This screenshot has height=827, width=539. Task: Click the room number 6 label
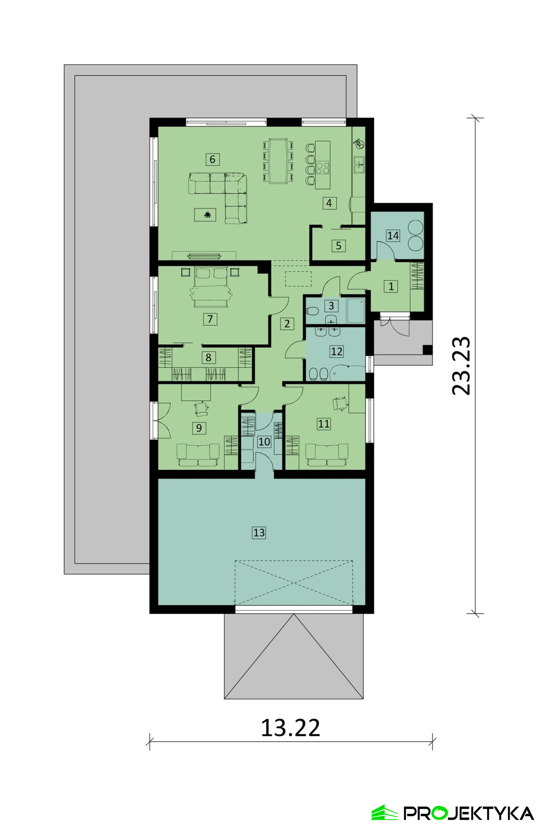click(212, 159)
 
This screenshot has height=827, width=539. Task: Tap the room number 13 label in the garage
click(259, 532)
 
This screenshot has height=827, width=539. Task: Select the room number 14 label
click(393, 236)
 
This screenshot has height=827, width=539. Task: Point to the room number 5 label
click(339, 246)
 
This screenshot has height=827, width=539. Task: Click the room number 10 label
click(264, 441)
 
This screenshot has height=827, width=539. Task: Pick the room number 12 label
click(336, 352)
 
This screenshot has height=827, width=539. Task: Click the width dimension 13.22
click(290, 728)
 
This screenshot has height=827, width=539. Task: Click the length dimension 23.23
click(462, 366)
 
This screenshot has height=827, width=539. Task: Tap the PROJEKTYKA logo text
click(469, 813)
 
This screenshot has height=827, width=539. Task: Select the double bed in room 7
click(211, 287)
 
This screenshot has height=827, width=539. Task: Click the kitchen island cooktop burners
click(323, 167)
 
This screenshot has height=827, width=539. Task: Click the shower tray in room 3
click(356, 311)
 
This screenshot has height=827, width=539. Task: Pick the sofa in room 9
click(198, 455)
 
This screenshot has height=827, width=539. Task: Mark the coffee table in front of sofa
click(205, 215)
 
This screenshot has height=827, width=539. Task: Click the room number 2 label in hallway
click(287, 324)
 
